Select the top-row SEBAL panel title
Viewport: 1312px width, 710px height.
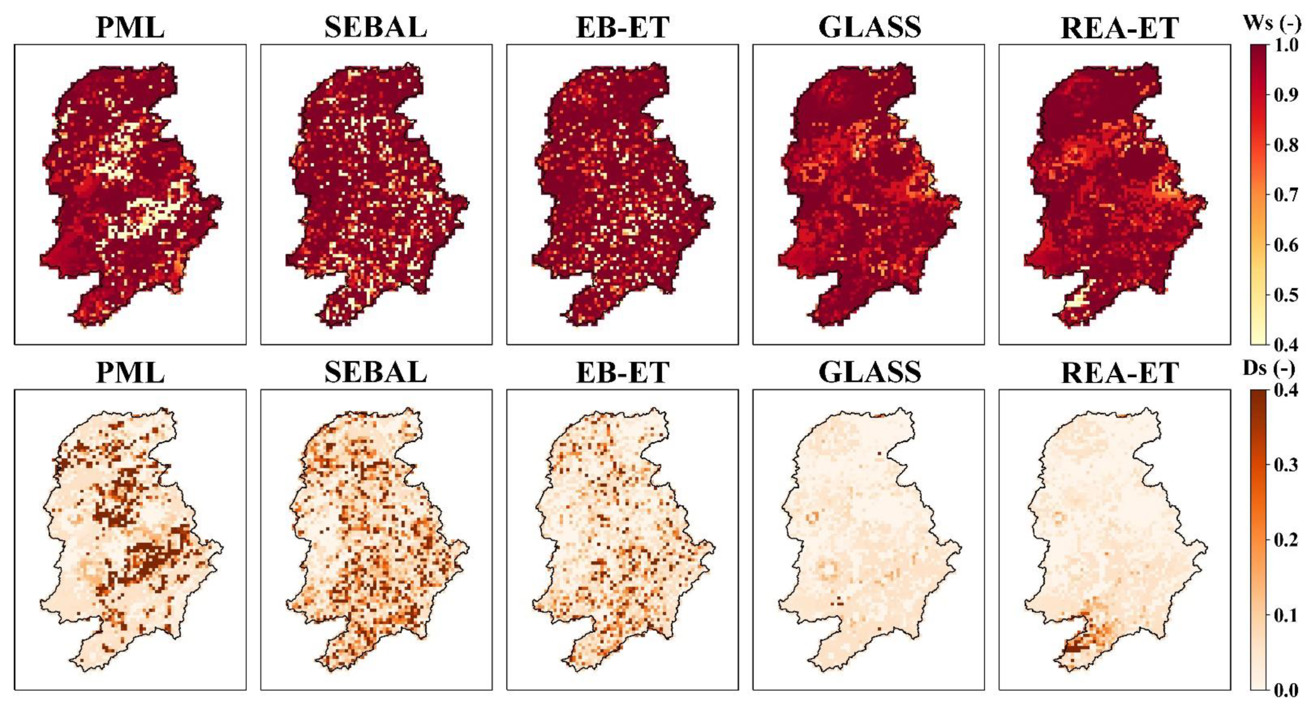(x=376, y=27)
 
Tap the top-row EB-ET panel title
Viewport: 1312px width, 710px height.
(x=622, y=27)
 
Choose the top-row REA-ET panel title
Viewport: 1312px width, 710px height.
(x=1119, y=27)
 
